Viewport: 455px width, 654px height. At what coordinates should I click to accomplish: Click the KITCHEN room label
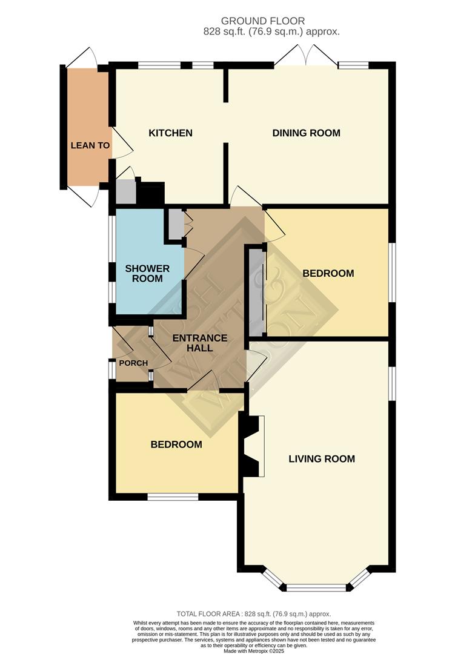point(170,133)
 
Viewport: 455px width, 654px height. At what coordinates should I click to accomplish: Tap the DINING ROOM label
point(306,133)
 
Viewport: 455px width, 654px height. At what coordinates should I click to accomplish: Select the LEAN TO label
point(90,145)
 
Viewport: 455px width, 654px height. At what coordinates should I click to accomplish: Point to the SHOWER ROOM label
point(147,273)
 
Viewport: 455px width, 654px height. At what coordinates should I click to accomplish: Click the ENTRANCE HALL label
point(200,343)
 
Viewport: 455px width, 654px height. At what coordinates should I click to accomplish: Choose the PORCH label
point(133,363)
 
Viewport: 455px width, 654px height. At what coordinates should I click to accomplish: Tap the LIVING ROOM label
point(321,459)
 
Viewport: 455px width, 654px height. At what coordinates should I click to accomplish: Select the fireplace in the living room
point(253,446)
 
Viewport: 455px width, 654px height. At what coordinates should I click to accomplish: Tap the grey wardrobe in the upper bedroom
point(256,290)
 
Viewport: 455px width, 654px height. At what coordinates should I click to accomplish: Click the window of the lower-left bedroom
point(173,497)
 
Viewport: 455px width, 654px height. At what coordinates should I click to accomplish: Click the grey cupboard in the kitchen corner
point(125,191)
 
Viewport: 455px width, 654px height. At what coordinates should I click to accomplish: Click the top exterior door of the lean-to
point(81,58)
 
